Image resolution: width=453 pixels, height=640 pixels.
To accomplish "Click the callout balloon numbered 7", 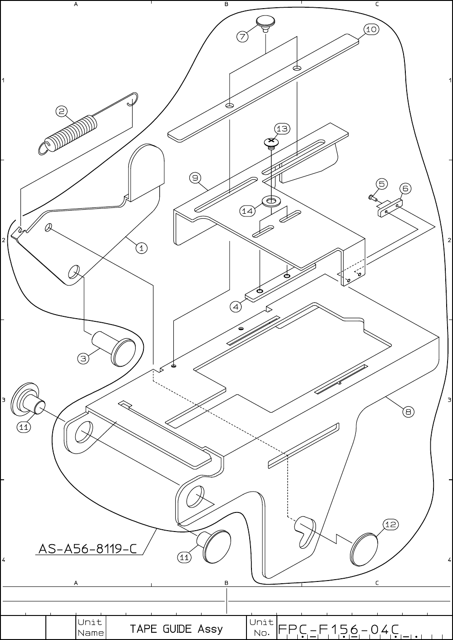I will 243,36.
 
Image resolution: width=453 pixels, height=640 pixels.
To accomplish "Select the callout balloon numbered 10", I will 371,30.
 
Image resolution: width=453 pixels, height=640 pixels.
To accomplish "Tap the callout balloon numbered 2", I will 62,111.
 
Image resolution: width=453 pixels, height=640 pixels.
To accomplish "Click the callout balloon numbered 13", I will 282,129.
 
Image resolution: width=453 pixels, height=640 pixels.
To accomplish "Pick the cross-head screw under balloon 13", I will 271,143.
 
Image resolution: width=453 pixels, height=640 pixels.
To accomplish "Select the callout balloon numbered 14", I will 247,211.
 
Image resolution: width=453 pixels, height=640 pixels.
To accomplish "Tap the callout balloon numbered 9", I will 195,178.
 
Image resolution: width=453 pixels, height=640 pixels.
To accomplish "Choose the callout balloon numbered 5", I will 381,183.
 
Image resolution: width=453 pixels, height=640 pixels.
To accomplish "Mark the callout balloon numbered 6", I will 405,188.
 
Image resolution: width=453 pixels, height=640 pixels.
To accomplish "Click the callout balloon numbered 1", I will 142,248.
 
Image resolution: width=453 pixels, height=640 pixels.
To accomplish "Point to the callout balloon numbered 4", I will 236,307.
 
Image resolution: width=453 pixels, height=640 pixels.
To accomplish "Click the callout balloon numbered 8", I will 409,412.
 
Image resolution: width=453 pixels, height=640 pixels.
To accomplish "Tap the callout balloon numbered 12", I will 391,524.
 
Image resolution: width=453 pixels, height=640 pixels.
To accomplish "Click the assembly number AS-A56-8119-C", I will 87,549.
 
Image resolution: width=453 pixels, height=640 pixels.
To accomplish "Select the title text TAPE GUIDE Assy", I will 176,629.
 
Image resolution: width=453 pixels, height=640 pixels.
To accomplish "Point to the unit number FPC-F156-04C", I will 338,629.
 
